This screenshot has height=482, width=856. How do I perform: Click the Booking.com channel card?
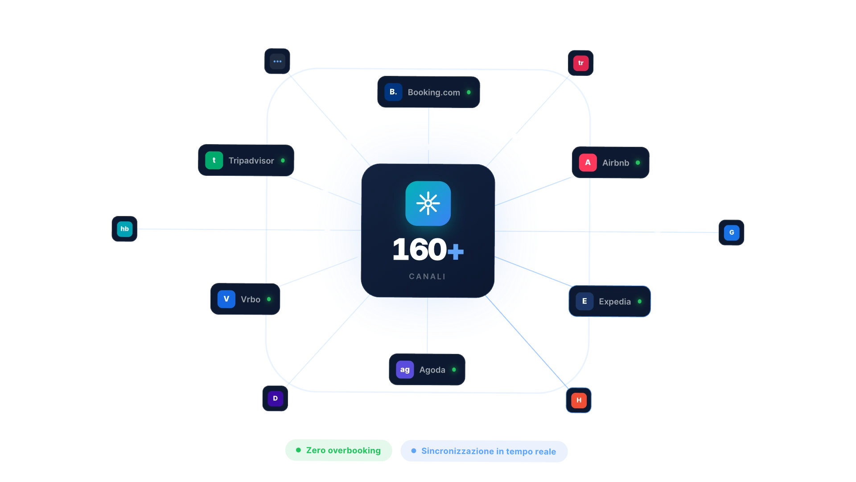tap(428, 92)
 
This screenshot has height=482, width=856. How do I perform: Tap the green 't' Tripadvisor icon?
tap(214, 160)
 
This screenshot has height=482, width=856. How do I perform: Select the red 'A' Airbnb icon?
tap(588, 162)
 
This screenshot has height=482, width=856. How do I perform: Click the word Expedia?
tap(615, 302)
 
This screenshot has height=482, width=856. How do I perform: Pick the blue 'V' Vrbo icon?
tap(226, 299)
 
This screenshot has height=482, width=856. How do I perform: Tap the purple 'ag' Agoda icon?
tap(405, 370)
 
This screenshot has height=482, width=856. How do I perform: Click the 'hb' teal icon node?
tap(124, 229)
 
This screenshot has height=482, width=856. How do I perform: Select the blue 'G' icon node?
tap(731, 233)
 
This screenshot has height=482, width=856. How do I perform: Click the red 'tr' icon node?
tap(580, 63)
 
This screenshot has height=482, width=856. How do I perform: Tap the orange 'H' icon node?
tap(579, 400)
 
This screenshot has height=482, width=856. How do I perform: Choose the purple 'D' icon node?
tap(275, 399)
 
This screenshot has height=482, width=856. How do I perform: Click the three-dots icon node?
tap(277, 61)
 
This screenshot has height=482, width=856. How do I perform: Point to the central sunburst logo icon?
tap(428, 204)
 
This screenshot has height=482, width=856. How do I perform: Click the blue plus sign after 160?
tap(456, 251)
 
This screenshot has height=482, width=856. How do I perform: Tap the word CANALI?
tap(427, 277)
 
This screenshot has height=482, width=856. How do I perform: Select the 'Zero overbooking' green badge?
tap(338, 450)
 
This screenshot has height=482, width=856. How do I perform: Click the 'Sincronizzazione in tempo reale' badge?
tap(484, 451)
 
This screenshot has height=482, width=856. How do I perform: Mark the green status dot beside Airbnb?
tap(638, 162)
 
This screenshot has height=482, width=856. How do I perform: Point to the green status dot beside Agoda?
tap(454, 370)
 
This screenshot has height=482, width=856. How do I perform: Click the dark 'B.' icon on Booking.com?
tap(393, 92)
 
